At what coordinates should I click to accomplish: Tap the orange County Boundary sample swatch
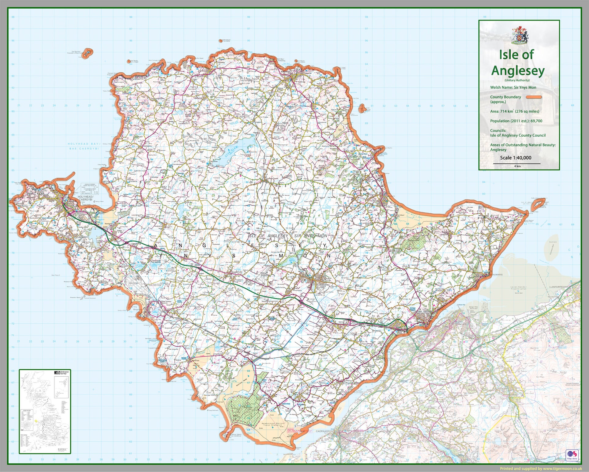[x=534, y=97]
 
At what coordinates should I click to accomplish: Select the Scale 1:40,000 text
[x=516, y=158]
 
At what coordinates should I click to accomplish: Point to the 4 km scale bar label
[x=517, y=166]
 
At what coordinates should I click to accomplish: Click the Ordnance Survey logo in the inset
[x=62, y=372]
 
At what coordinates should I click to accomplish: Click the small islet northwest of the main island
[x=88, y=53]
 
